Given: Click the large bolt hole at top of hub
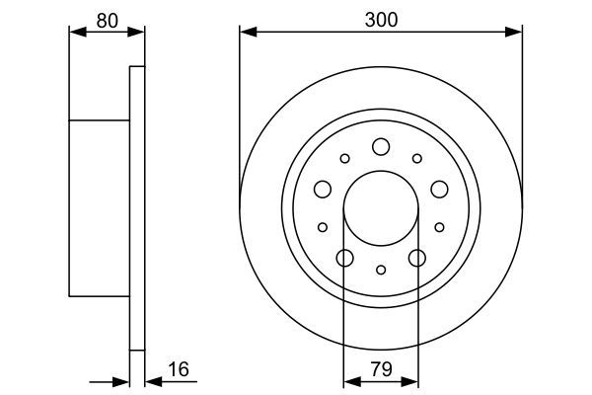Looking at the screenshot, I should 381,147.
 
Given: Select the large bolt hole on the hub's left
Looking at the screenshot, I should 323,189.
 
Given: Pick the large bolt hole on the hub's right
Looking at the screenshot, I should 439,189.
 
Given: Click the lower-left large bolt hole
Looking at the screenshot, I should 344,258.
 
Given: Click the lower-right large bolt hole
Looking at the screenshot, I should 417,258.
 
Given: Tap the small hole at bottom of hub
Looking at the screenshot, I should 381,269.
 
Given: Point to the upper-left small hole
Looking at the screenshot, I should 344,158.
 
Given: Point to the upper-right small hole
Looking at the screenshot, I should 417,158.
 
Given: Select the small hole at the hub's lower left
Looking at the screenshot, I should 323,227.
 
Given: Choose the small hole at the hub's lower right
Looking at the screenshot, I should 439,227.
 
